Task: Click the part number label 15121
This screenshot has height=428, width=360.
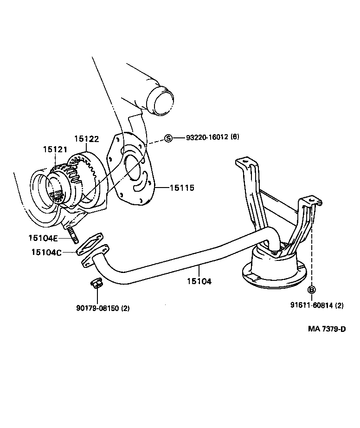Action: (55, 149)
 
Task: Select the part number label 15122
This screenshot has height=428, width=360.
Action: (87, 138)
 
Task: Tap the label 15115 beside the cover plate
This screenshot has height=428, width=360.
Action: (181, 188)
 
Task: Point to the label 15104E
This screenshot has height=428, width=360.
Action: (43, 238)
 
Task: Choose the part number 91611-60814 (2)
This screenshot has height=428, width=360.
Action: (317, 305)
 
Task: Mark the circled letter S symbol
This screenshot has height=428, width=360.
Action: (168, 138)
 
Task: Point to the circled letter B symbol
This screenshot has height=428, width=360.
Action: (311, 290)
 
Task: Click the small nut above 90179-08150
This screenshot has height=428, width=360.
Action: (96, 282)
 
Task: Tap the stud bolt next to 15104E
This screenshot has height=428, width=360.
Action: (73, 234)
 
